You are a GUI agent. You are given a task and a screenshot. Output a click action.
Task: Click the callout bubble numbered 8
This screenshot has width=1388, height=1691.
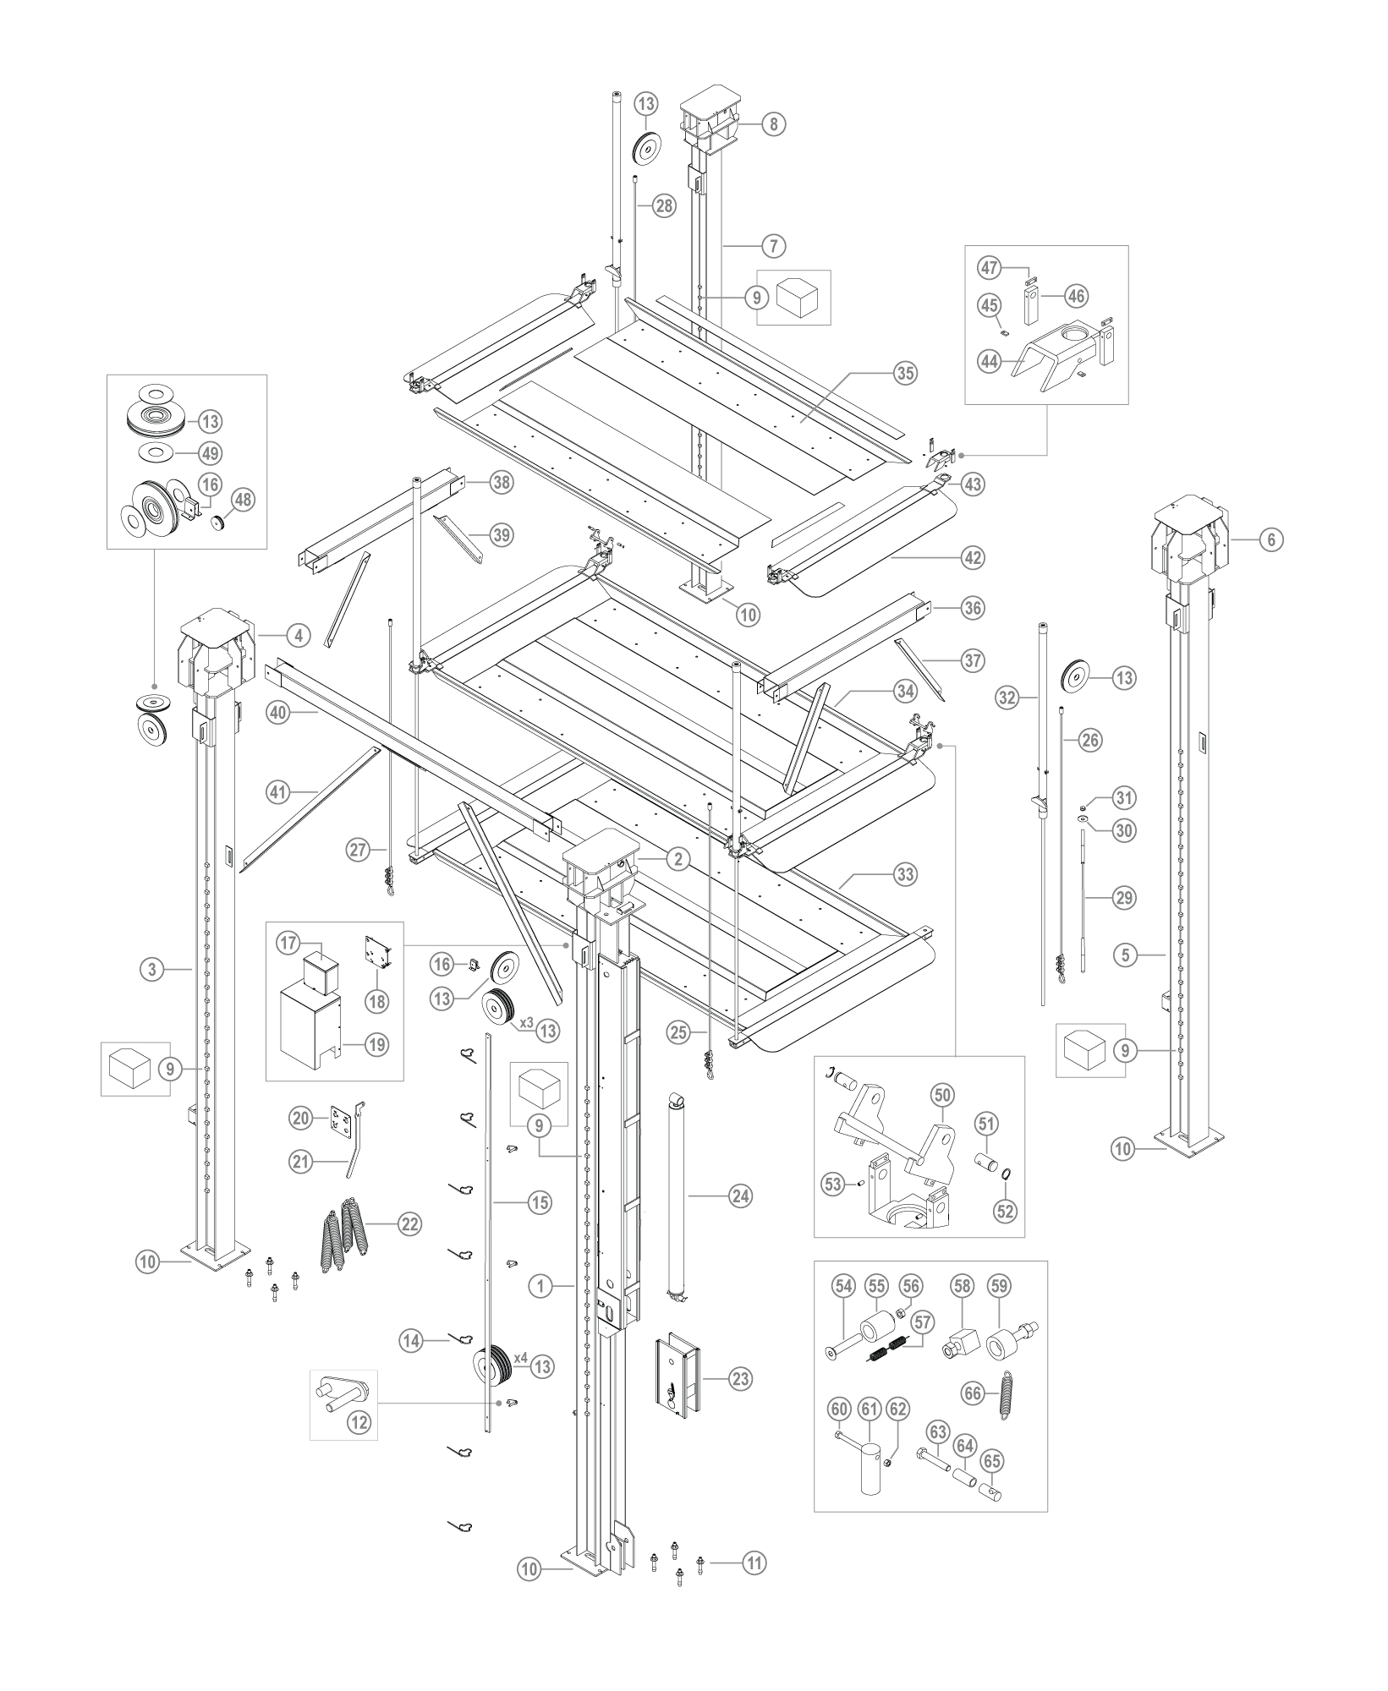point(772,124)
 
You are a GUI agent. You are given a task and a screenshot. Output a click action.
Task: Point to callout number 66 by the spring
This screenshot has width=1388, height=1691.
point(974,1393)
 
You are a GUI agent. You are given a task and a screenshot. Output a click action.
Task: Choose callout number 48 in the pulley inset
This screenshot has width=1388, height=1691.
point(244,500)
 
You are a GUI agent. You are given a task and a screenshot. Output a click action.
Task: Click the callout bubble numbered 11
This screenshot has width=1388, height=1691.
point(754,1563)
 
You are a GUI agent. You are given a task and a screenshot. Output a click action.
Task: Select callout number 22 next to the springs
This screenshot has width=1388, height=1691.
point(409,1223)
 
